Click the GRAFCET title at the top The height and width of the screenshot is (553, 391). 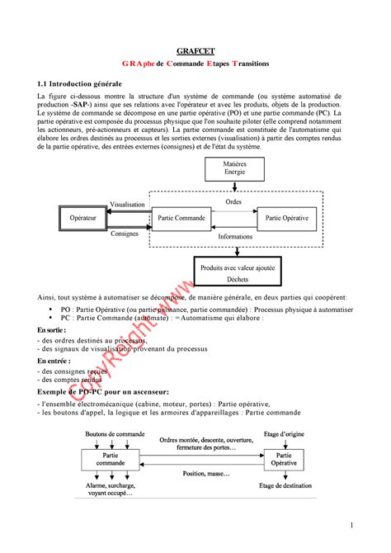pyautogui.click(x=195, y=49)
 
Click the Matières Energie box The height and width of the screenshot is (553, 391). pyautogui.click(x=234, y=169)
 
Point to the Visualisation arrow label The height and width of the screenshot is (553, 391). pyautogui.click(x=128, y=204)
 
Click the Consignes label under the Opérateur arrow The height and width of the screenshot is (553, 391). pyautogui.click(x=125, y=234)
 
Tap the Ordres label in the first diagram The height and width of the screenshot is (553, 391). pyautogui.click(x=233, y=202)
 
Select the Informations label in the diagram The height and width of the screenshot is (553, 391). pyautogui.click(x=235, y=236)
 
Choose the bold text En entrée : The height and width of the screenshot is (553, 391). pyautogui.click(x=54, y=361)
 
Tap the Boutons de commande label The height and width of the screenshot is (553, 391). pyautogui.click(x=112, y=433)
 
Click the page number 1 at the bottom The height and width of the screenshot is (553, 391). pyautogui.click(x=351, y=525)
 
